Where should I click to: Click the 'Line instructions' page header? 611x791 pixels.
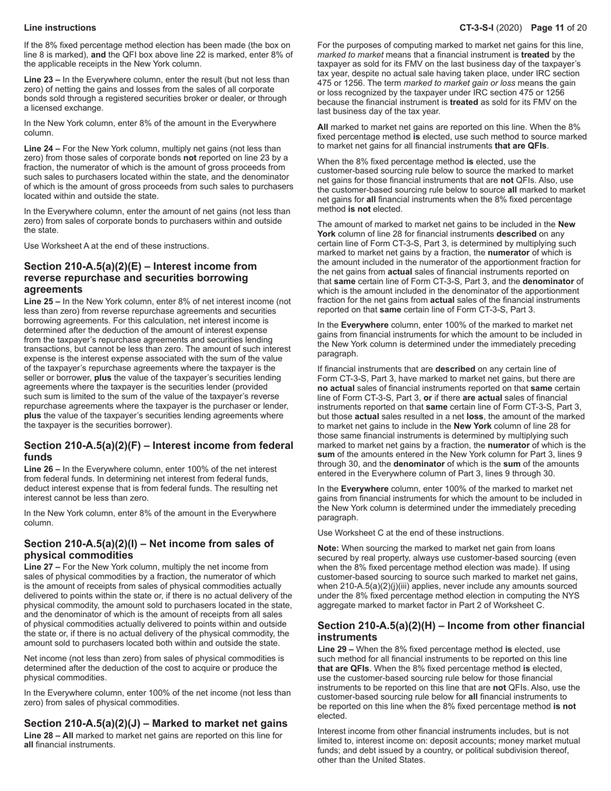[60, 28]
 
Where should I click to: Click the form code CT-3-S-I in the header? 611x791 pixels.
[481, 28]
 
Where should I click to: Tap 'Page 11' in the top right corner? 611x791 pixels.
[551, 28]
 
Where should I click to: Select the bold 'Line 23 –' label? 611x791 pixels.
[42, 80]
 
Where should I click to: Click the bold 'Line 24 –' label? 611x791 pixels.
[42, 149]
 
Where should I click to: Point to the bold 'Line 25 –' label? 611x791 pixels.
[42, 301]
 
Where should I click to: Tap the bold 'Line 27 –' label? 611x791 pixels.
[42, 567]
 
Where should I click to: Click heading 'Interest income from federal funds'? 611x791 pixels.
[158, 451]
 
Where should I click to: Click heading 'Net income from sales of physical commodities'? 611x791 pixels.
[149, 549]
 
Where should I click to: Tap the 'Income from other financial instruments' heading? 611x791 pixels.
[451, 631]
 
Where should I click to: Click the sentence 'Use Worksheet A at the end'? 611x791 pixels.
[116, 246]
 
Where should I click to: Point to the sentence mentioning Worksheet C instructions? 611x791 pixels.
[410, 532]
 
